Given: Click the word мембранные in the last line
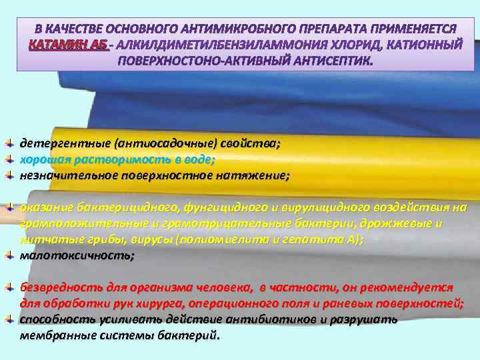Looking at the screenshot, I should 53,335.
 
